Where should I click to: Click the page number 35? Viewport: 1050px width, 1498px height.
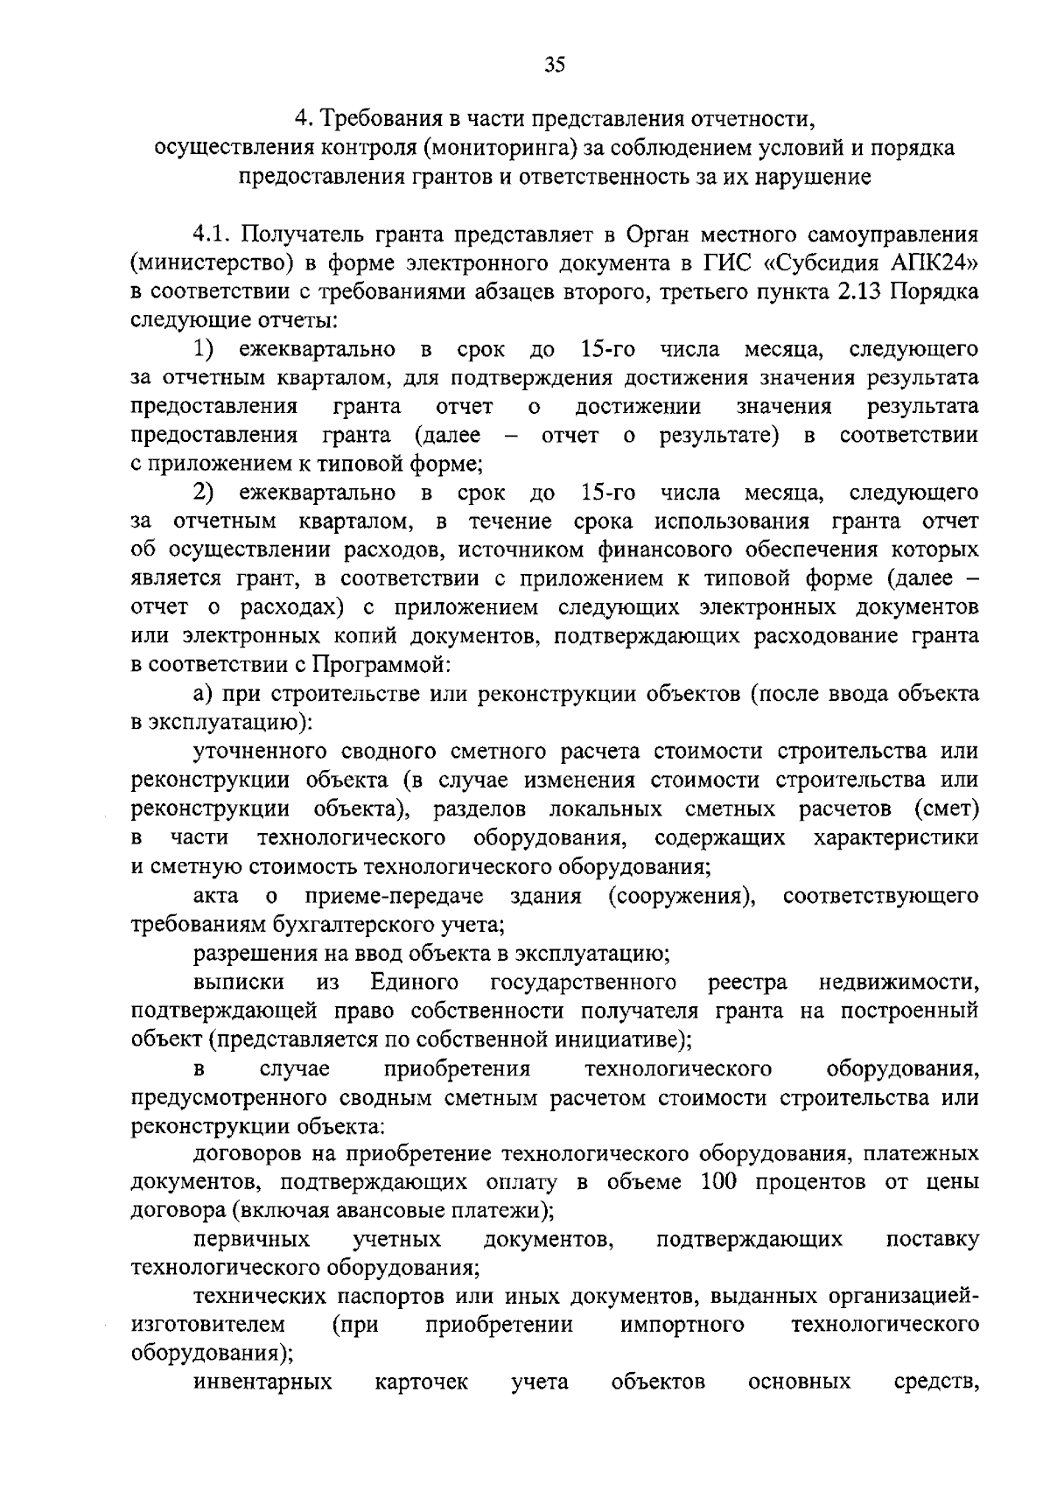(555, 64)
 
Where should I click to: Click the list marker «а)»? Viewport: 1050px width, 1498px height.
(204, 694)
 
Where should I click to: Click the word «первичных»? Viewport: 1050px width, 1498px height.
(251, 1239)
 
